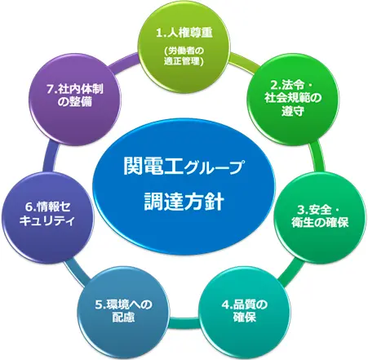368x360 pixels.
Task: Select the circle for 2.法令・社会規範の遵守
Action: tap(292, 99)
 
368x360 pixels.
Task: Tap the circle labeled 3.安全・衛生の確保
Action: tap(319, 217)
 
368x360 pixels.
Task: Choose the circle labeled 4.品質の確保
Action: tap(244, 311)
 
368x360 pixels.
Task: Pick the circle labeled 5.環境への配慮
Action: tap(123, 311)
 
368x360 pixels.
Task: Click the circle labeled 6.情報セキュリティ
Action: tap(47, 217)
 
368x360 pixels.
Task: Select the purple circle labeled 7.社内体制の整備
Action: tap(75, 99)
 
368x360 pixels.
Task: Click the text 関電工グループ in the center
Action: tap(183, 167)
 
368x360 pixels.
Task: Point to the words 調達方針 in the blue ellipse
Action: tap(184, 202)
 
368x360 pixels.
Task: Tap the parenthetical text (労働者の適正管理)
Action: tap(184, 56)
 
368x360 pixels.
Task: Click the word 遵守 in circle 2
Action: tap(293, 111)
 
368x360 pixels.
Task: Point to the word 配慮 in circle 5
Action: tap(123, 318)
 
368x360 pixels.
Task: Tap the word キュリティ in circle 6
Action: tap(47, 220)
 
